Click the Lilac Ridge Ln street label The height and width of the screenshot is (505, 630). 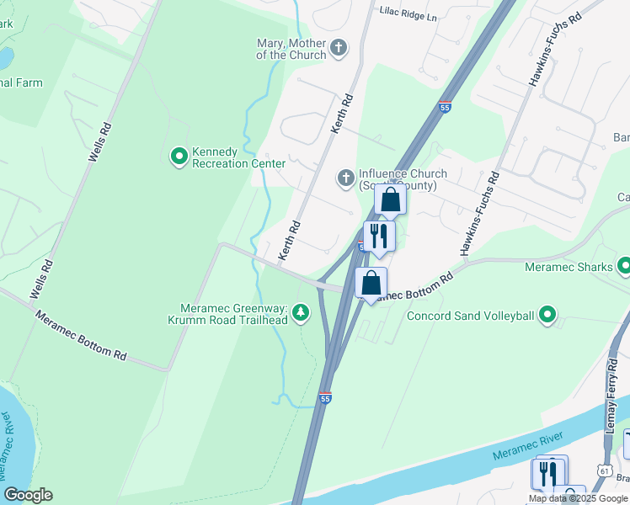(x=409, y=16)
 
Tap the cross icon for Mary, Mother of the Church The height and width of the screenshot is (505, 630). (x=339, y=47)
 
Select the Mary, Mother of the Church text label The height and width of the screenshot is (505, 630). (x=291, y=49)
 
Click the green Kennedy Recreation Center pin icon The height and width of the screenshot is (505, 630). (x=179, y=156)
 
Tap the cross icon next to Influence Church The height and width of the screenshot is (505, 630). (x=344, y=178)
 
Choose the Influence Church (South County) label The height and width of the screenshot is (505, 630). (x=403, y=179)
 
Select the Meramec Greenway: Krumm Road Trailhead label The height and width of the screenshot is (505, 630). (x=234, y=315)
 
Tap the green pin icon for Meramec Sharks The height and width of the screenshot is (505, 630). (x=624, y=267)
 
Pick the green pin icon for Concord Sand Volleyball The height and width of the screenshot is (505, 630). (x=548, y=316)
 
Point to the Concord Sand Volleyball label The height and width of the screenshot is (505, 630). (x=471, y=316)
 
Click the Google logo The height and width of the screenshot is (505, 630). (x=28, y=495)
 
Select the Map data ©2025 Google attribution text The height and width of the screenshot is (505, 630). (x=578, y=498)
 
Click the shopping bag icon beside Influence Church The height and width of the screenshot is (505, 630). (x=390, y=200)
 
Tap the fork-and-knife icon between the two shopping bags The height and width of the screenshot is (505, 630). (x=378, y=236)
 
